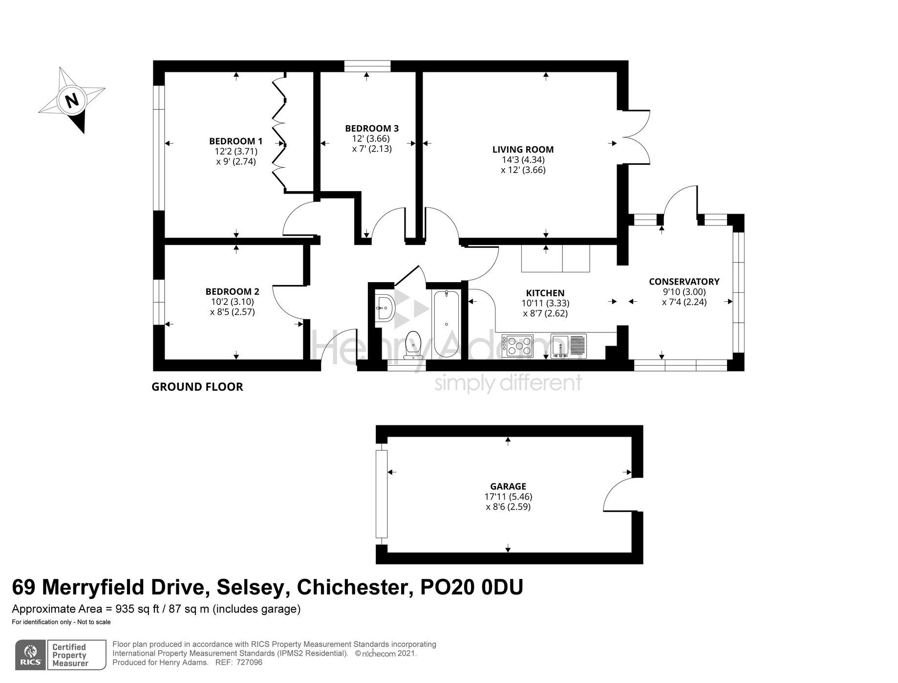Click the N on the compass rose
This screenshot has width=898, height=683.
72,100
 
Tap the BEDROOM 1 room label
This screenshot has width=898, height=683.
235,141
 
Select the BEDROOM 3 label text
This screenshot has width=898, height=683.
371,129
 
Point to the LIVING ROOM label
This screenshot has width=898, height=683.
523,150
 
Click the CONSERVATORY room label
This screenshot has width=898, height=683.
684,282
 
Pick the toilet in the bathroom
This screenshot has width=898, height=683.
414,344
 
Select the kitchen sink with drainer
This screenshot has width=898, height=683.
568,346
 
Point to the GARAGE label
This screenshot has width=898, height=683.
508,486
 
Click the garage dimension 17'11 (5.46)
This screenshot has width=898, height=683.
508,497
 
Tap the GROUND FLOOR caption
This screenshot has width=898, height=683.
197,387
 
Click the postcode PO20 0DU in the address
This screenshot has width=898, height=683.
471,587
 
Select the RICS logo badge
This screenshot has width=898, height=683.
31,654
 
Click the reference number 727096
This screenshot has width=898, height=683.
249,662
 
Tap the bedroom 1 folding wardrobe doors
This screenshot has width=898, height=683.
279,132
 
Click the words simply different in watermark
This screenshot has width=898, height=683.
508,383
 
